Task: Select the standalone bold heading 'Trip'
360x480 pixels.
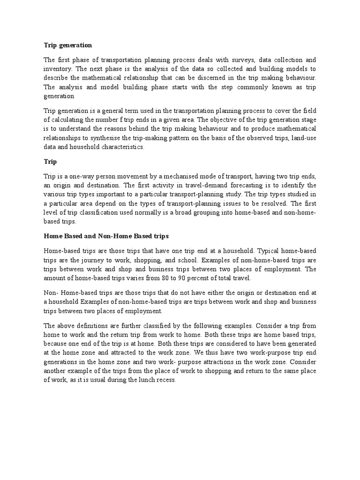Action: pos(50,162)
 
